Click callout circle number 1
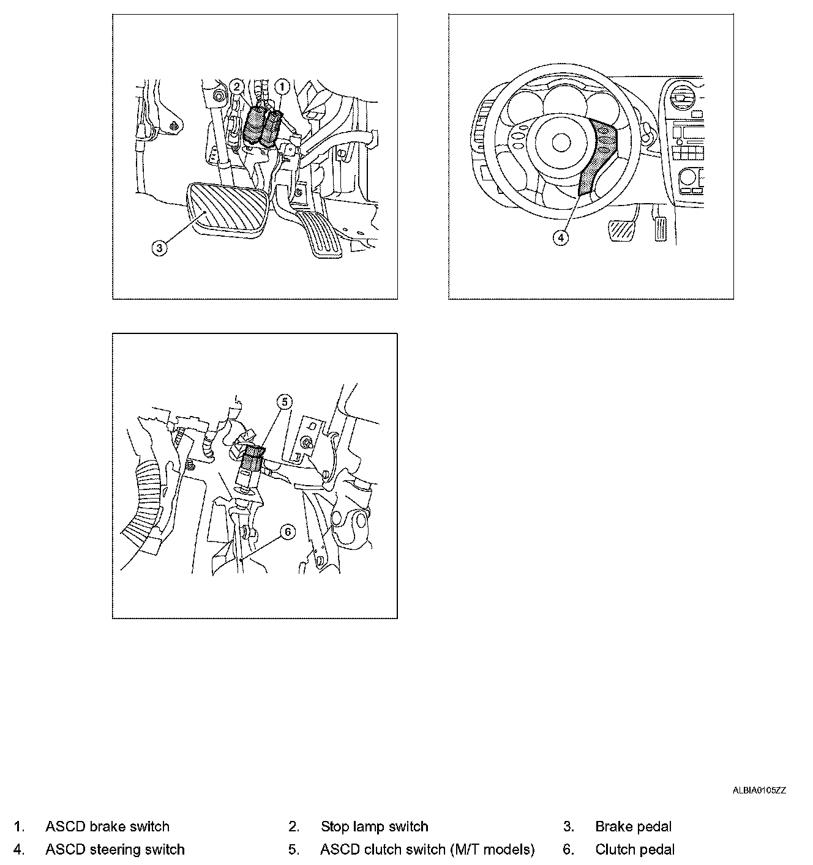(282, 87)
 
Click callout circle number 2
(236, 86)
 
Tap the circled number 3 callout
(160, 248)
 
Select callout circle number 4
(561, 238)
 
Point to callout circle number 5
(284, 402)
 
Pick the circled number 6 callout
(288, 532)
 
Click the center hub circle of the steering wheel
(561, 142)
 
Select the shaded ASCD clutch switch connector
(253, 458)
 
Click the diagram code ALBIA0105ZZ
(759, 790)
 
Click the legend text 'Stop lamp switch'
(375, 826)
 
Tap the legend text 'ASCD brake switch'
(107, 826)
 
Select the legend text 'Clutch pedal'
(635, 849)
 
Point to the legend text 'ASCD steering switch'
(115, 849)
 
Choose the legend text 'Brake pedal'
(634, 826)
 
